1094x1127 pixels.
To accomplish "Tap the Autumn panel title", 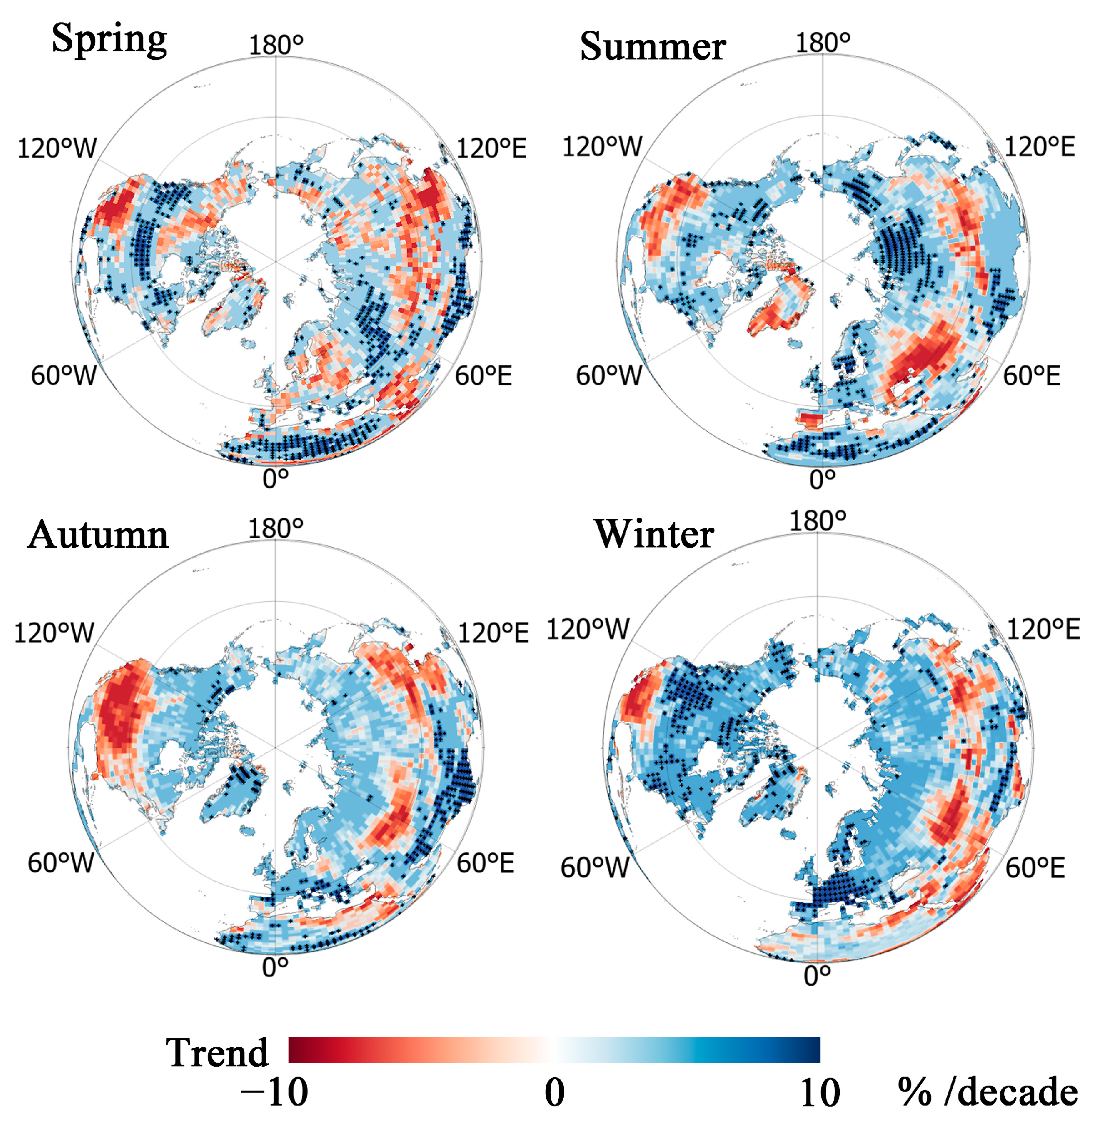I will (x=98, y=535).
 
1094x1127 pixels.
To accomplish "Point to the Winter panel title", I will (x=654, y=534).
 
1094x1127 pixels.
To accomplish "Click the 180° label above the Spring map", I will (x=276, y=45).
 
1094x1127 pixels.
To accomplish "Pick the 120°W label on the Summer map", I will (x=602, y=147).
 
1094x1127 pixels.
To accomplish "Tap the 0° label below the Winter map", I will (x=817, y=976).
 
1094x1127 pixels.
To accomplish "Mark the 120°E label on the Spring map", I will (x=491, y=149).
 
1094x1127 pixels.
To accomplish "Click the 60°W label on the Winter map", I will (x=595, y=867).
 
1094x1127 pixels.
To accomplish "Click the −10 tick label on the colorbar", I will (x=274, y=1092).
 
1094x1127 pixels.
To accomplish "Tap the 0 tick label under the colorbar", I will (x=554, y=1092).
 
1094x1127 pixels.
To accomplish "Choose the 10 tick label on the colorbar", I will (x=820, y=1092).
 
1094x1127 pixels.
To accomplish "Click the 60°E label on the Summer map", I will (x=1032, y=376).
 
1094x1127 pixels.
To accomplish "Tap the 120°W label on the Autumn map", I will (x=53, y=633).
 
